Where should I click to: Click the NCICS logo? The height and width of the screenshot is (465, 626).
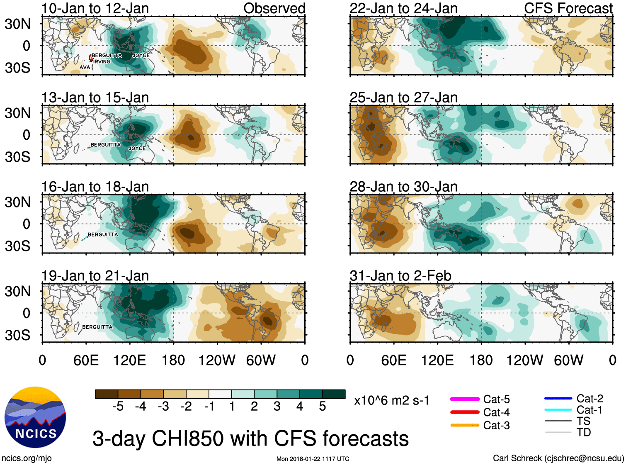point(35,417)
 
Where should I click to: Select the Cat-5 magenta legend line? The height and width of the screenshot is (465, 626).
point(465,399)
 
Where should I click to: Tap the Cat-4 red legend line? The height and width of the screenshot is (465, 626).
point(465,412)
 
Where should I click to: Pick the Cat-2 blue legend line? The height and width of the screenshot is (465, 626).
point(558,398)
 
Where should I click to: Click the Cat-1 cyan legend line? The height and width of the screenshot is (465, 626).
point(558,410)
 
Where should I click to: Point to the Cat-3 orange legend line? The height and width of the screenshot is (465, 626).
point(465,425)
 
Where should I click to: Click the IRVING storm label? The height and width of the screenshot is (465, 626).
point(102,62)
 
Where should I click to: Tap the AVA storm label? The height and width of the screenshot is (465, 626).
point(85,67)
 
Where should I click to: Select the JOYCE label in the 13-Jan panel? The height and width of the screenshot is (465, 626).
point(137,149)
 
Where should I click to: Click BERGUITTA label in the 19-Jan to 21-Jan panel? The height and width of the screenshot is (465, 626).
point(97,327)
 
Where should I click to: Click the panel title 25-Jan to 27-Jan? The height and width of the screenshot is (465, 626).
point(403,97)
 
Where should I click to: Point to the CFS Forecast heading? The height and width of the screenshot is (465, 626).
point(568,8)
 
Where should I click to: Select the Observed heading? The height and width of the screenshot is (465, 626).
point(274,8)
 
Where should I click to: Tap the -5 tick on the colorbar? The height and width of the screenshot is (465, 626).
point(118,407)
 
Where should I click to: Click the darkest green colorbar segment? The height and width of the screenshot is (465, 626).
point(334,394)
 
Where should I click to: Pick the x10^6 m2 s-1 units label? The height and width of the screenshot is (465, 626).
point(391,401)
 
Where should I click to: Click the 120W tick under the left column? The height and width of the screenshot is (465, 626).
point(217,360)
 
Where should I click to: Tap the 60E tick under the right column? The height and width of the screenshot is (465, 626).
point(394,360)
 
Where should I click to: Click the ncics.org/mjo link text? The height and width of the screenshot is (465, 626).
point(27,458)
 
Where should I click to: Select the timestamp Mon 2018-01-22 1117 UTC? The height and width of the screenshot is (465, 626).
point(313,459)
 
